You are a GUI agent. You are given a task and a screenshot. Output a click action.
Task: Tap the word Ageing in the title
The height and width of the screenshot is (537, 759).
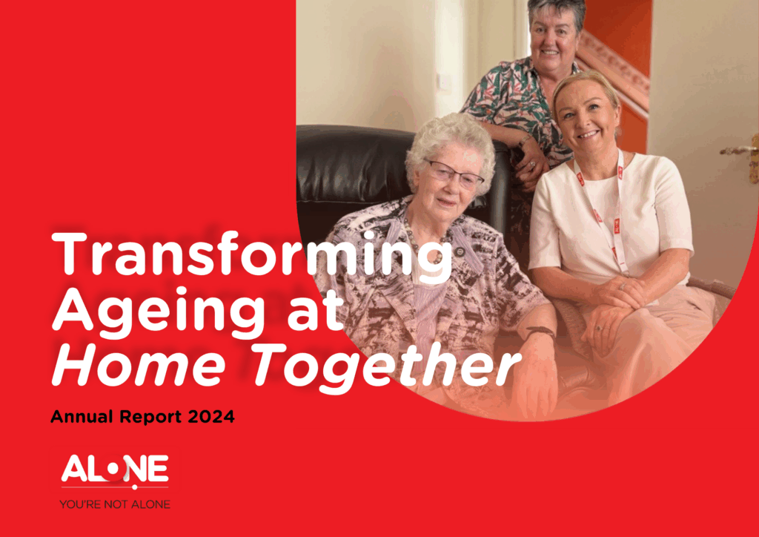pos(159,313)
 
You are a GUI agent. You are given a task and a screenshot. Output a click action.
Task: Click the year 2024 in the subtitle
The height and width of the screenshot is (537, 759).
pos(211,416)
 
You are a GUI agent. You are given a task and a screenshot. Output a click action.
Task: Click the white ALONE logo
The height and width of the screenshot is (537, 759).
pos(115,470)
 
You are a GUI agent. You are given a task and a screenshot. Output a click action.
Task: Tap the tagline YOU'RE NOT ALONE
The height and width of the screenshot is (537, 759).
pos(115,504)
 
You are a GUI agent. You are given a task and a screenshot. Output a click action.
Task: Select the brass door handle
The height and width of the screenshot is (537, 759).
pos(743,155)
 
